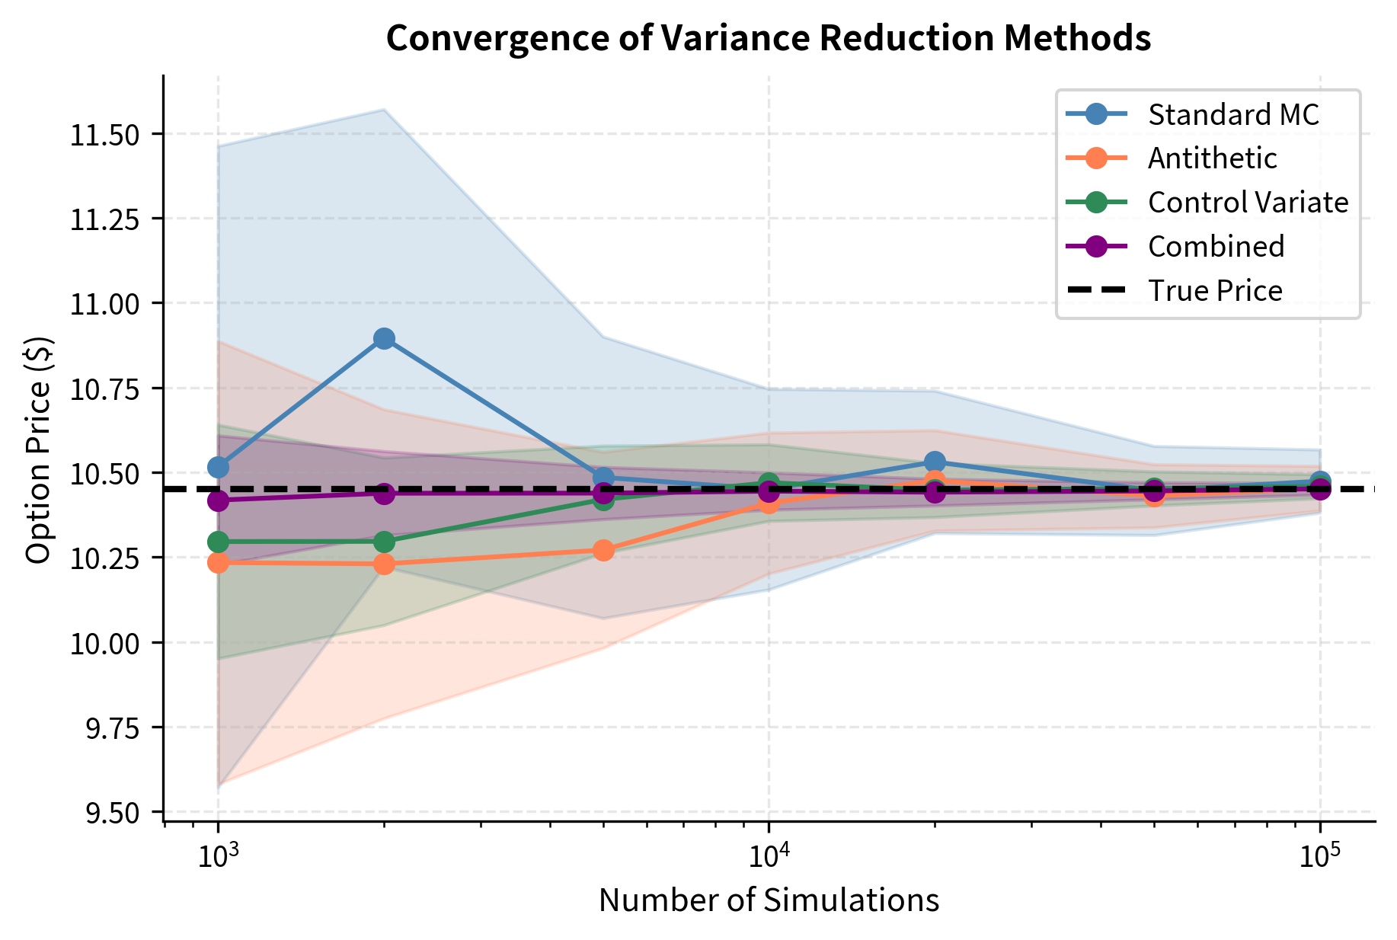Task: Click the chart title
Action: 768,38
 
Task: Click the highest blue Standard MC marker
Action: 385,338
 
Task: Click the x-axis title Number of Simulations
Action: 768,900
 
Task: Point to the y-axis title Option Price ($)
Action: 38,449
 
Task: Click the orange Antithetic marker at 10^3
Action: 218,563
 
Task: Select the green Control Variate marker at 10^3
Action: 218,542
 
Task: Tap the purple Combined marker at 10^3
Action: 218,500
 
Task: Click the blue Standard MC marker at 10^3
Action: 218,466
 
